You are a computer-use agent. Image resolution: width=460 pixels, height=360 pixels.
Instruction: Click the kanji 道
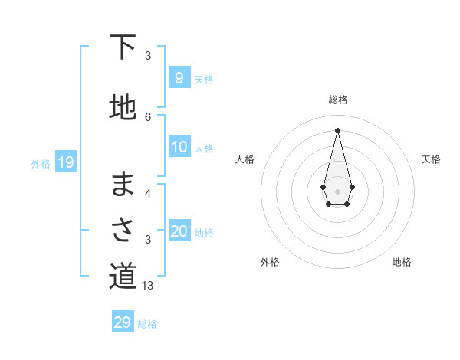click(x=123, y=277)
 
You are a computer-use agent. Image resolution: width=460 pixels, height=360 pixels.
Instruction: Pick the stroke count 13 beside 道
click(x=149, y=286)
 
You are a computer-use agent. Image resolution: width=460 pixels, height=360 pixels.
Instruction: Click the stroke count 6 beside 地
click(x=148, y=116)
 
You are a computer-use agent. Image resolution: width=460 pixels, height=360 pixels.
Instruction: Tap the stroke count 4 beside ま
click(x=148, y=193)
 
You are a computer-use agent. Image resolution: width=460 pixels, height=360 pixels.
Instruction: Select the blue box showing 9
click(x=179, y=78)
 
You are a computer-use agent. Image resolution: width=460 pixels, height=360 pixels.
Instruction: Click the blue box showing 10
click(x=179, y=147)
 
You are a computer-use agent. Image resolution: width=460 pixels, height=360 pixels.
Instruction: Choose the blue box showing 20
click(x=179, y=231)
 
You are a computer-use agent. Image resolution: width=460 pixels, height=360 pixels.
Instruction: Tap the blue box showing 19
click(x=65, y=162)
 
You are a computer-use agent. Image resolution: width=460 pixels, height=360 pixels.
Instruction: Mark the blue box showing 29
click(x=123, y=322)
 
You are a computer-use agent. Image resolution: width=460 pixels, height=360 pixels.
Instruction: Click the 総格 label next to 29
click(x=147, y=324)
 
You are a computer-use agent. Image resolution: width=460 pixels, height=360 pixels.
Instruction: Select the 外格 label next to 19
click(x=41, y=163)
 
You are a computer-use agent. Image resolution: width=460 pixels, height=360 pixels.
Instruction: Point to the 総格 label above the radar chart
click(x=337, y=100)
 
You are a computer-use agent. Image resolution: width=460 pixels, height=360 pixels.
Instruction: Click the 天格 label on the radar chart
click(x=431, y=159)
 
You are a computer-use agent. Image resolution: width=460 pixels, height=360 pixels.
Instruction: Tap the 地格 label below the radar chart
click(x=402, y=262)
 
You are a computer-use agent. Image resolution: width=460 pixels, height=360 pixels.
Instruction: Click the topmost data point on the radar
click(x=337, y=129)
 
